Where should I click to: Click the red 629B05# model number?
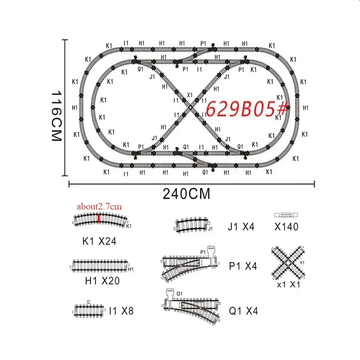(x=247, y=108)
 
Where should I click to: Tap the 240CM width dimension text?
(x=186, y=194)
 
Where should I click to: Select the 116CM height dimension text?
(x=56, y=116)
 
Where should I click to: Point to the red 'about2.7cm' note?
(x=99, y=207)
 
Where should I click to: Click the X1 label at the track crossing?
(x=190, y=95)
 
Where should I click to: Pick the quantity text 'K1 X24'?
(x=99, y=241)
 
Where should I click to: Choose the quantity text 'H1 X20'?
(x=102, y=281)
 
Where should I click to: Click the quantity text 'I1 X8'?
(x=121, y=311)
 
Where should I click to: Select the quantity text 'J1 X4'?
(x=241, y=227)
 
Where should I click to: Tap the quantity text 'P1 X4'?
(x=243, y=266)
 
